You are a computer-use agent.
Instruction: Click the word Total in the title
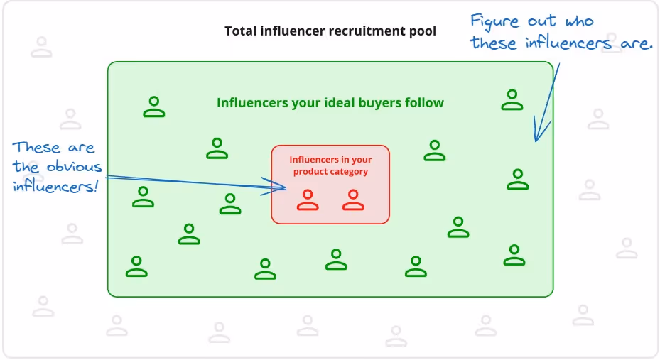point(239,31)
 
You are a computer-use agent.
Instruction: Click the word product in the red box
point(310,172)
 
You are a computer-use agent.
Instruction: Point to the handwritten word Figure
point(495,21)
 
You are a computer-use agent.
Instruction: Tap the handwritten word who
point(580,21)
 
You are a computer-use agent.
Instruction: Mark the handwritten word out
point(542,21)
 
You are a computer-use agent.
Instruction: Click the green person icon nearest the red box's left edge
point(230,204)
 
